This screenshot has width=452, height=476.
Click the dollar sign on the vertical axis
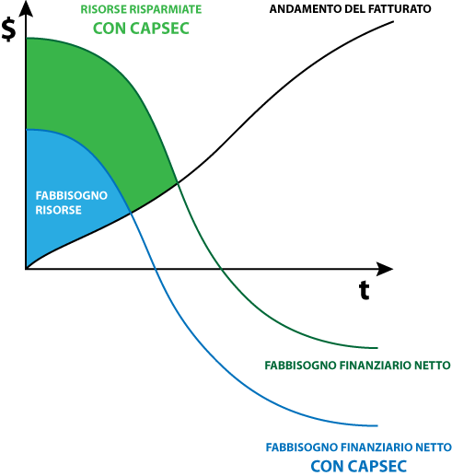[x=8, y=29]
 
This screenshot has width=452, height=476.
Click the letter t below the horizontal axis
[x=365, y=290]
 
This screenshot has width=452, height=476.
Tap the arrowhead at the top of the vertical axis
[x=26, y=8]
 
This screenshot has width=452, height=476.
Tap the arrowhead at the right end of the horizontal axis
[x=385, y=269]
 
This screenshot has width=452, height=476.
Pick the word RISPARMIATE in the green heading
[x=166, y=9]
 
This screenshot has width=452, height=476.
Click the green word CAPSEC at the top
[x=159, y=29]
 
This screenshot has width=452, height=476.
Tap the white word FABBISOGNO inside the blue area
[x=72, y=195]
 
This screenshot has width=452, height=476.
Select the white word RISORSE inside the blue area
[x=59, y=210]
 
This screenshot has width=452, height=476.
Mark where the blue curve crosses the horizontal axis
[x=155, y=269]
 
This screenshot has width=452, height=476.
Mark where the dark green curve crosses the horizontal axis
[x=221, y=269]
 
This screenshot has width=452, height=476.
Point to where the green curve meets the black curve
[x=178, y=183]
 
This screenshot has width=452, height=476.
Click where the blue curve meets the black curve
[x=131, y=212]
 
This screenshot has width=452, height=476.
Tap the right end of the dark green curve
[x=377, y=348]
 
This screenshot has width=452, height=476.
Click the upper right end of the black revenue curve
[x=393, y=21]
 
